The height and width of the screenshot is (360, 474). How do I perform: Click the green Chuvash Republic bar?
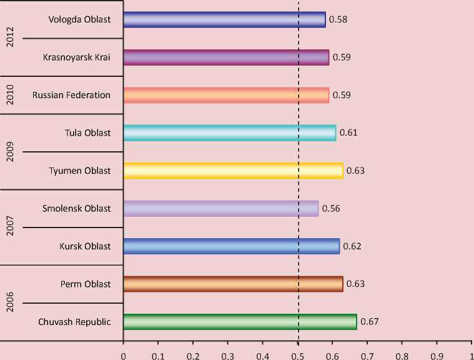click(x=240, y=322)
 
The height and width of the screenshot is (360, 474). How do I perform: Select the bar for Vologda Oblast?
click(x=224, y=19)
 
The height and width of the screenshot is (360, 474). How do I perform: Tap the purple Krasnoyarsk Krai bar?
click(x=226, y=57)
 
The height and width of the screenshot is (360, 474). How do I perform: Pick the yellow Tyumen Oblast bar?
click(x=233, y=171)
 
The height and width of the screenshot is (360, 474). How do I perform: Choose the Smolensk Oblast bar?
click(x=221, y=209)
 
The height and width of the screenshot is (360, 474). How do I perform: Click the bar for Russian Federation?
click(x=226, y=95)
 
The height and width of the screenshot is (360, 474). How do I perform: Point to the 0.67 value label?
click(x=369, y=322)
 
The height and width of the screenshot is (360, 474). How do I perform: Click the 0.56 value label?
click(x=331, y=209)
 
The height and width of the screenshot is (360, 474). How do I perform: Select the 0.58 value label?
click(x=338, y=19)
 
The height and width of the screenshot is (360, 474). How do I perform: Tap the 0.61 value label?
click(x=348, y=133)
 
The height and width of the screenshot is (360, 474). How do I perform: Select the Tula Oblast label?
click(x=87, y=133)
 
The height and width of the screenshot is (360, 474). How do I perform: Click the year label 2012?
click(x=9, y=38)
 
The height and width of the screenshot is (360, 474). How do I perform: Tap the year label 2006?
click(x=9, y=303)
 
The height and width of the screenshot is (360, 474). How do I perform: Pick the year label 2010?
click(x=9, y=95)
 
